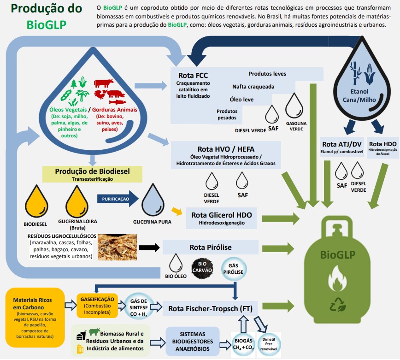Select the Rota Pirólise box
[x=210, y=247]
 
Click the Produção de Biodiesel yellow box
[x=92, y=173]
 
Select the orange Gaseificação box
[x=97, y=304]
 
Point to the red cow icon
[x=104, y=83]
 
